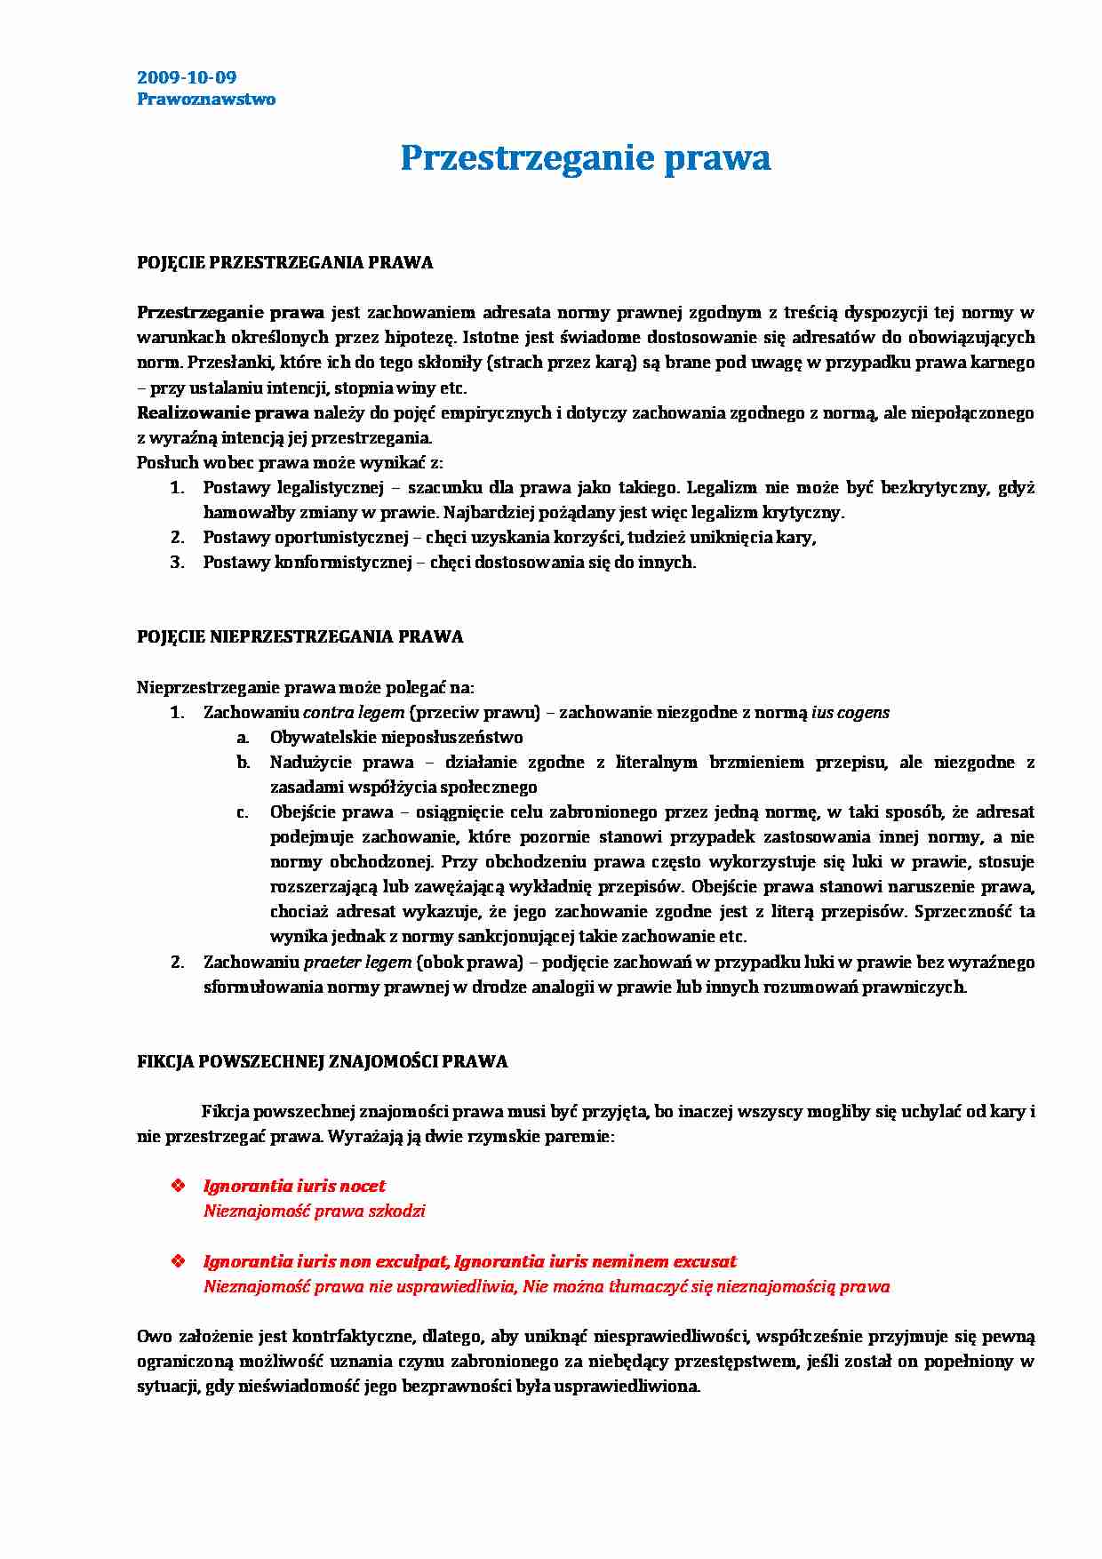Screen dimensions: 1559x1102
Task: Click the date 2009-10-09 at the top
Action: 187,77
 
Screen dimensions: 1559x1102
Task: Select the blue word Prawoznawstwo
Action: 206,100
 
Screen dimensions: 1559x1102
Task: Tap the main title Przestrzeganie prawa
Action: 585,158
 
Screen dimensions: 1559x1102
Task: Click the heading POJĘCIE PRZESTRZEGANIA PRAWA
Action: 284,262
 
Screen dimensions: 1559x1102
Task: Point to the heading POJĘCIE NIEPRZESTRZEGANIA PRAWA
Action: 299,636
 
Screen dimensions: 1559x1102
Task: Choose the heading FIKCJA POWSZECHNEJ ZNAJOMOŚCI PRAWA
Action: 322,1061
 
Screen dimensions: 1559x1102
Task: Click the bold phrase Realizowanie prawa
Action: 222,412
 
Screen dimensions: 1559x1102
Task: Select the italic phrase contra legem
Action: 353,712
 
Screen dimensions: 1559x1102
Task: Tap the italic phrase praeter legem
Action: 357,962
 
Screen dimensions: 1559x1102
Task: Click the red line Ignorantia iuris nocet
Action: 294,1186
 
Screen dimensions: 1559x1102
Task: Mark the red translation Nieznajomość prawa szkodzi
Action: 314,1211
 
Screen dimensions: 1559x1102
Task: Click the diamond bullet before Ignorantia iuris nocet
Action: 178,1186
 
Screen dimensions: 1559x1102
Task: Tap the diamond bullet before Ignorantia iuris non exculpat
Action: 178,1261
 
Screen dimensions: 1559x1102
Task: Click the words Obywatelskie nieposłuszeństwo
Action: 396,737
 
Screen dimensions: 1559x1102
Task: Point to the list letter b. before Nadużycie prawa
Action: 243,762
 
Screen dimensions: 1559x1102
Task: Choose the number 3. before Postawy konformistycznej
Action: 177,562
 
